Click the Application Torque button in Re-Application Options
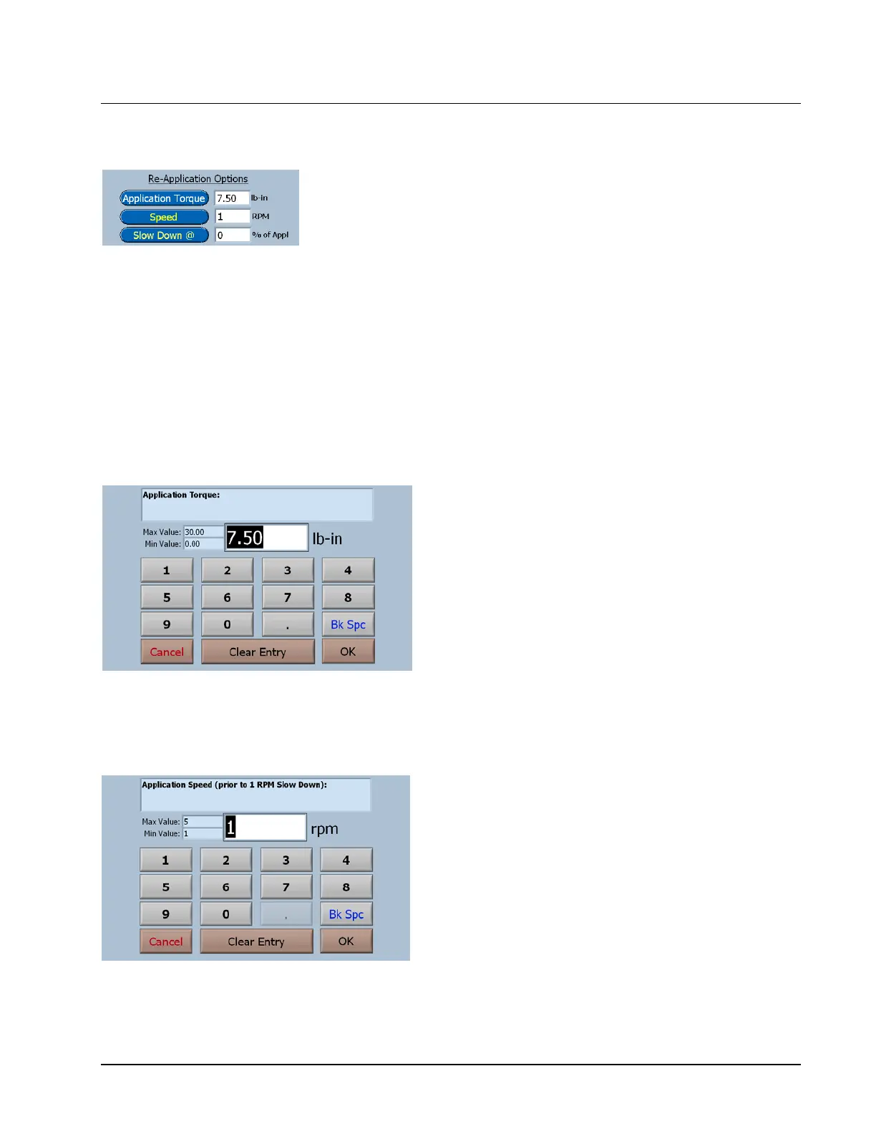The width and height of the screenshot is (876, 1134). (164, 198)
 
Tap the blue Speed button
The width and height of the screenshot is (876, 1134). (164, 217)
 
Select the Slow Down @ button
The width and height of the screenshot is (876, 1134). (164, 236)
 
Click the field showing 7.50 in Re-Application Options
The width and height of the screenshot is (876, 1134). (232, 198)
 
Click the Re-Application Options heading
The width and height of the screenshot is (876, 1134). (198, 179)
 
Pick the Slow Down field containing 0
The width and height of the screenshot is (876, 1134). (232, 236)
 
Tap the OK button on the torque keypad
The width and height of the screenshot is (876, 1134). (348, 651)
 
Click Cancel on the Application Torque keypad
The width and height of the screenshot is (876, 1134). (167, 651)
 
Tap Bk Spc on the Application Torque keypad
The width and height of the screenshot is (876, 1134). (348, 624)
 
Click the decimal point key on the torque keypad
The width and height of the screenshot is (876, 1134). (288, 624)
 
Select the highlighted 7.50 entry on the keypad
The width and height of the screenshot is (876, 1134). (245, 538)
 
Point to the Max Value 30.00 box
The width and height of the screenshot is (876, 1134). (203, 532)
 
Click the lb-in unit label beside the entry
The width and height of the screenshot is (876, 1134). (327, 539)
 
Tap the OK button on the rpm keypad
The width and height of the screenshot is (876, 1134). (346, 941)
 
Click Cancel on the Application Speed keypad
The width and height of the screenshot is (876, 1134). (166, 941)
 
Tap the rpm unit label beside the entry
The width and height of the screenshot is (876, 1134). (324, 829)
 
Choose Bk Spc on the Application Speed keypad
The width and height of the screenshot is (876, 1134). (346, 914)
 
